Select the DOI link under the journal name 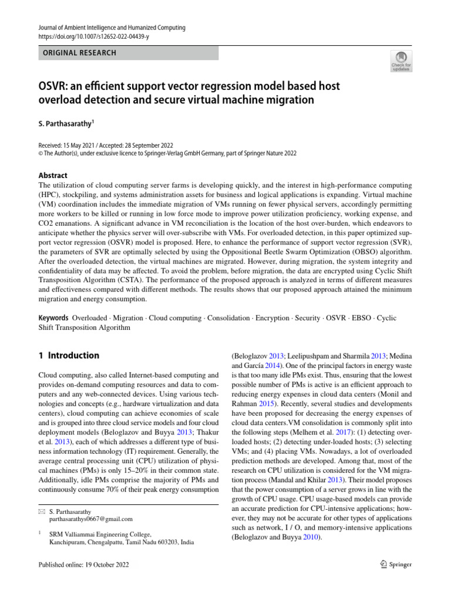coord(93,36)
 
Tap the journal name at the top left coord(112,28)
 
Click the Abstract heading coord(53,175)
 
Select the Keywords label coord(53,318)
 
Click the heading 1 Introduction coord(69,356)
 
